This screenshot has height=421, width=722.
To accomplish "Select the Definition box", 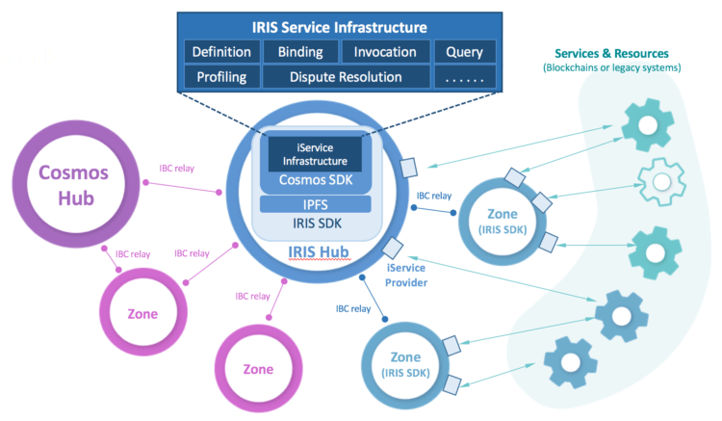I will click(x=221, y=51).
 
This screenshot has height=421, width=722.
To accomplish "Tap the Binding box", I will click(x=300, y=51).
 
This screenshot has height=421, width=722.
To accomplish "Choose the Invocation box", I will click(x=385, y=51).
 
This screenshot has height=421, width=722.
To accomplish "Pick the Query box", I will click(x=464, y=51).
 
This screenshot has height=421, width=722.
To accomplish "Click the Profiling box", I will click(x=221, y=76).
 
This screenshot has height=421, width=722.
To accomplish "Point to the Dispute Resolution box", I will click(x=346, y=76).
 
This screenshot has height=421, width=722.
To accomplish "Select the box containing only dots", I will click(x=464, y=76).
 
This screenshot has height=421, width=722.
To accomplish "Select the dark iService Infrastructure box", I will click(x=314, y=153).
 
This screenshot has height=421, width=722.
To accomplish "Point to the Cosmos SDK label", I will click(x=316, y=181).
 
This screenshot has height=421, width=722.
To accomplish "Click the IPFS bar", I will click(x=316, y=203).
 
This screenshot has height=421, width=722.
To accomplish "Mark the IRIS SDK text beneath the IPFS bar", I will click(x=316, y=224).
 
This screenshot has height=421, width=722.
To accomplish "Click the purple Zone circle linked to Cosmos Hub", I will click(x=141, y=314).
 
